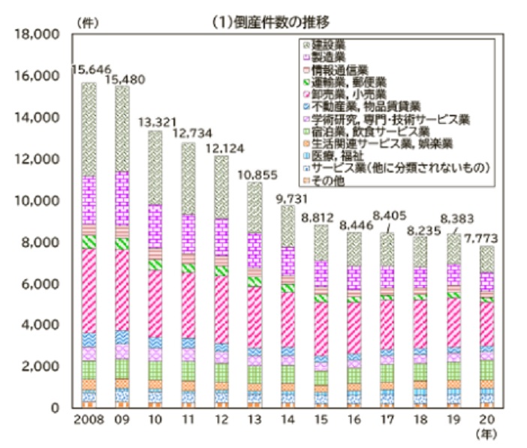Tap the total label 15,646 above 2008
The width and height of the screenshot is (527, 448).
[89, 70]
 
